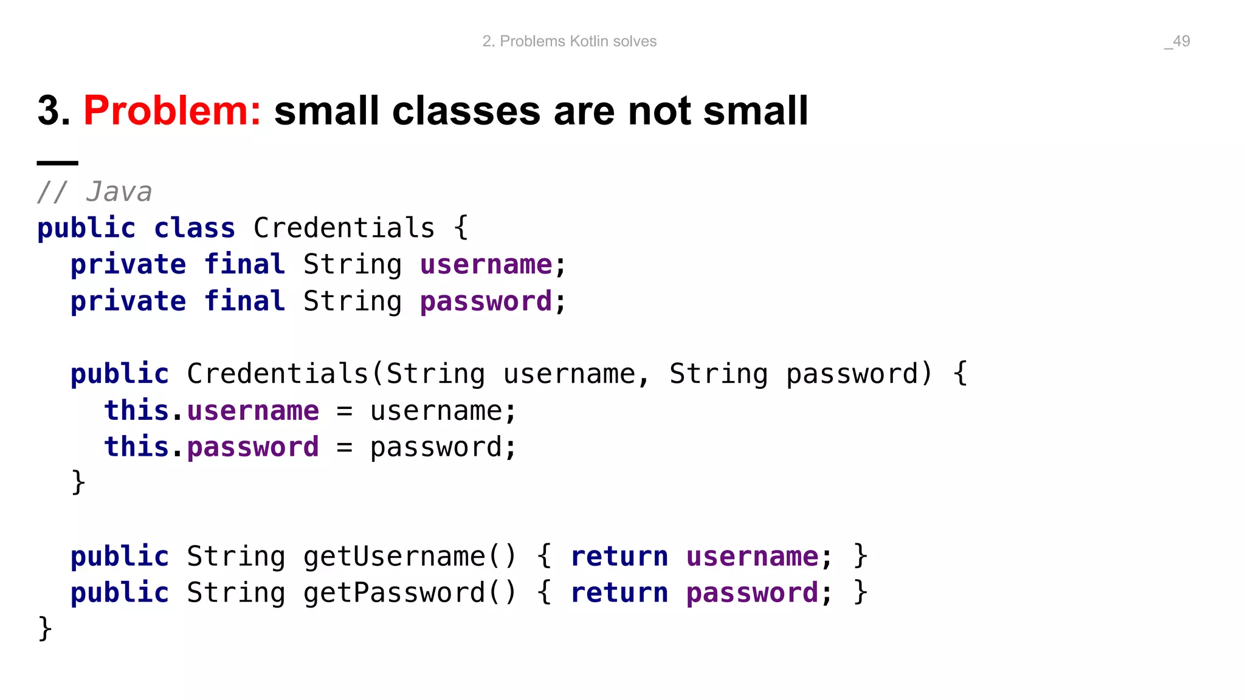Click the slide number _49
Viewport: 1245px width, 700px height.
click(x=1177, y=41)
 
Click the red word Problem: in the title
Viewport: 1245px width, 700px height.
click(x=172, y=111)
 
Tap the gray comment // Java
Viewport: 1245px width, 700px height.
click(x=94, y=192)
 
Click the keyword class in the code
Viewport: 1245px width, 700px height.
click(x=195, y=228)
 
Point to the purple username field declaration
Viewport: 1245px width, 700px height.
click(x=486, y=265)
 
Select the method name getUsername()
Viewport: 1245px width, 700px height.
click(x=409, y=557)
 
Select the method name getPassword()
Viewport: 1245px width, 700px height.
click(x=409, y=593)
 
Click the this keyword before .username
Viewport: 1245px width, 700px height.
click(x=136, y=411)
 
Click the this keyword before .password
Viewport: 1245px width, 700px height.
click(x=136, y=447)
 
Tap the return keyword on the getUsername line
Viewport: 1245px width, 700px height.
click(x=619, y=557)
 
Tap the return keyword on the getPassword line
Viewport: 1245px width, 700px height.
click(x=619, y=593)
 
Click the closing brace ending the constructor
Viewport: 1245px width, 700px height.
click(x=78, y=483)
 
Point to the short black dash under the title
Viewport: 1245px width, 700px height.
click(x=58, y=163)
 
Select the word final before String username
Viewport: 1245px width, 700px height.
click(x=244, y=265)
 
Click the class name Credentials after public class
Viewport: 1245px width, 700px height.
click(x=344, y=228)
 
